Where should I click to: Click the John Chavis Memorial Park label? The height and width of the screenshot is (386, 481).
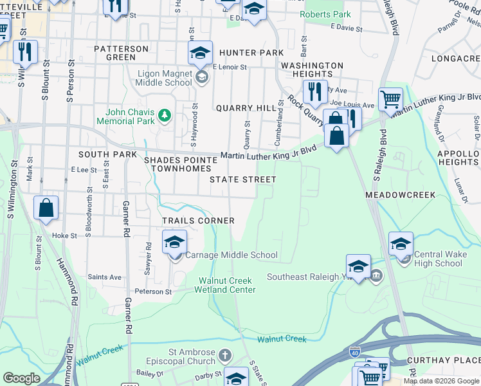tap(125, 116)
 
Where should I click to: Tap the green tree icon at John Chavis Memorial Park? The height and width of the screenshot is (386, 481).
tap(165, 115)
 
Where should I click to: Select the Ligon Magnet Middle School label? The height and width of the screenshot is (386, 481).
tap(165, 78)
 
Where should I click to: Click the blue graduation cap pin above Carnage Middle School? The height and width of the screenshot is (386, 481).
tap(174, 243)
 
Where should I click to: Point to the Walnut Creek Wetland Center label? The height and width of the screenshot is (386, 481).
tap(227, 285)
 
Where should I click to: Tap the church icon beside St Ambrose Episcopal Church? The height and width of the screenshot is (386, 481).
tap(224, 356)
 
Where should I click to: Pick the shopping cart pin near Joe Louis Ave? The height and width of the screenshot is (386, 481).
tap(390, 100)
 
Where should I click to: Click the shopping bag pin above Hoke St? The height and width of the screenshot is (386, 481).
tap(46, 208)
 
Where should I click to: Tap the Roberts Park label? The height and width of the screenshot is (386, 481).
tap(325, 14)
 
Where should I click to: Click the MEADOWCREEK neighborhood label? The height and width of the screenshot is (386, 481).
tap(400, 194)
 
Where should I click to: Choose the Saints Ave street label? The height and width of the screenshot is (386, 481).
tap(105, 277)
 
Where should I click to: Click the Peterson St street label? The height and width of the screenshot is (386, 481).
tap(154, 291)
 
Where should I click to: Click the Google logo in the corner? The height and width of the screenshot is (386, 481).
tap(21, 378)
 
